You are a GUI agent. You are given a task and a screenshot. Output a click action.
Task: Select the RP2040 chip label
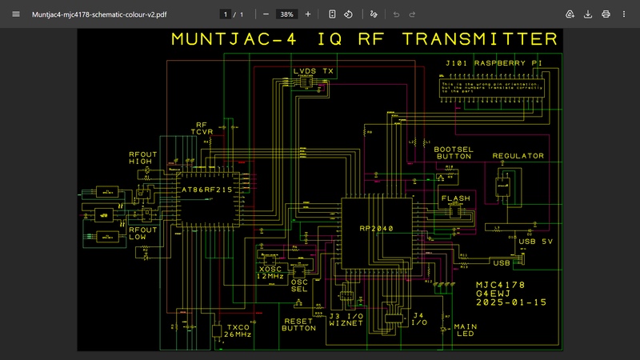(x=378, y=229)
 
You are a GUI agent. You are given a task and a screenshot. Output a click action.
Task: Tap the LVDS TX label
(x=314, y=71)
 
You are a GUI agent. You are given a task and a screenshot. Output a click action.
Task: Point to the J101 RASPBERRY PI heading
(x=494, y=62)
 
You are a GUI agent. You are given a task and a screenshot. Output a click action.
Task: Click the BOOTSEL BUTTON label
(x=454, y=154)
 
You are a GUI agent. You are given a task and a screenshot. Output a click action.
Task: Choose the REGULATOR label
(x=518, y=156)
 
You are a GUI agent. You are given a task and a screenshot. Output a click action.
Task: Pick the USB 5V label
(x=536, y=241)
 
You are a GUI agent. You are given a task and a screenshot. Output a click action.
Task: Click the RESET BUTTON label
(x=300, y=324)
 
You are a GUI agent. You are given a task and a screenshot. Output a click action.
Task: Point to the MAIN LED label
(x=465, y=330)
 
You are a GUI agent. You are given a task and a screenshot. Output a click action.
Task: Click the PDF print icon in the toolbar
(x=606, y=14)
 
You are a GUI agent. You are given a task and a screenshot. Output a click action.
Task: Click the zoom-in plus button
(x=308, y=14)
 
